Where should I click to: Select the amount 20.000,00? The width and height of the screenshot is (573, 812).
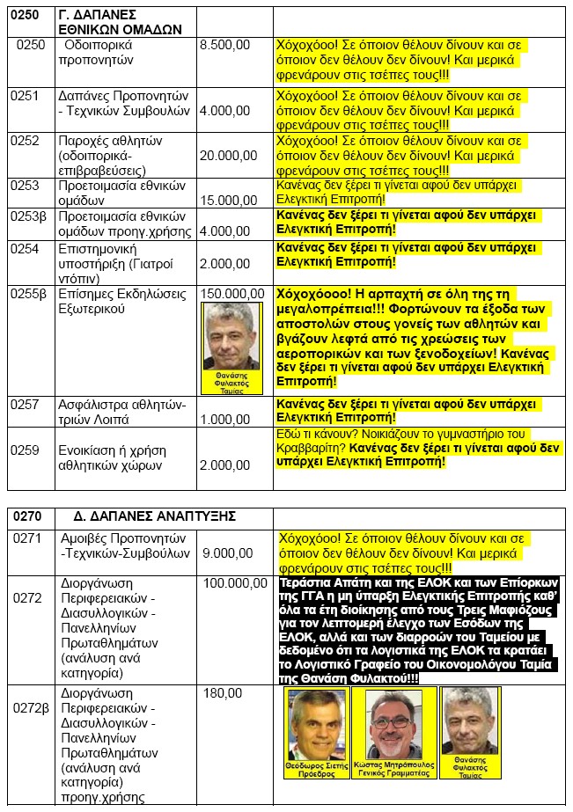[227, 156]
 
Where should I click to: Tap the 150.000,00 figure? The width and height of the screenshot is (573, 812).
[231, 293]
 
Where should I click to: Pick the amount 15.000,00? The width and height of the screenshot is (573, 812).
[227, 201]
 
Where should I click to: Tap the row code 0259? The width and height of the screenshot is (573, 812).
[26, 450]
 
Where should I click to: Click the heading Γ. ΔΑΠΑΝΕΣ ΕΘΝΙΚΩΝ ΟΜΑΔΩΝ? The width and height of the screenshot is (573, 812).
[121, 19]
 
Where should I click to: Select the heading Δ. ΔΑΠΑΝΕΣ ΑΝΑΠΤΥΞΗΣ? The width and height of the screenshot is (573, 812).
[149, 516]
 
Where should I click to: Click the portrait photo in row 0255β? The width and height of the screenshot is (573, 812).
[232, 338]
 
